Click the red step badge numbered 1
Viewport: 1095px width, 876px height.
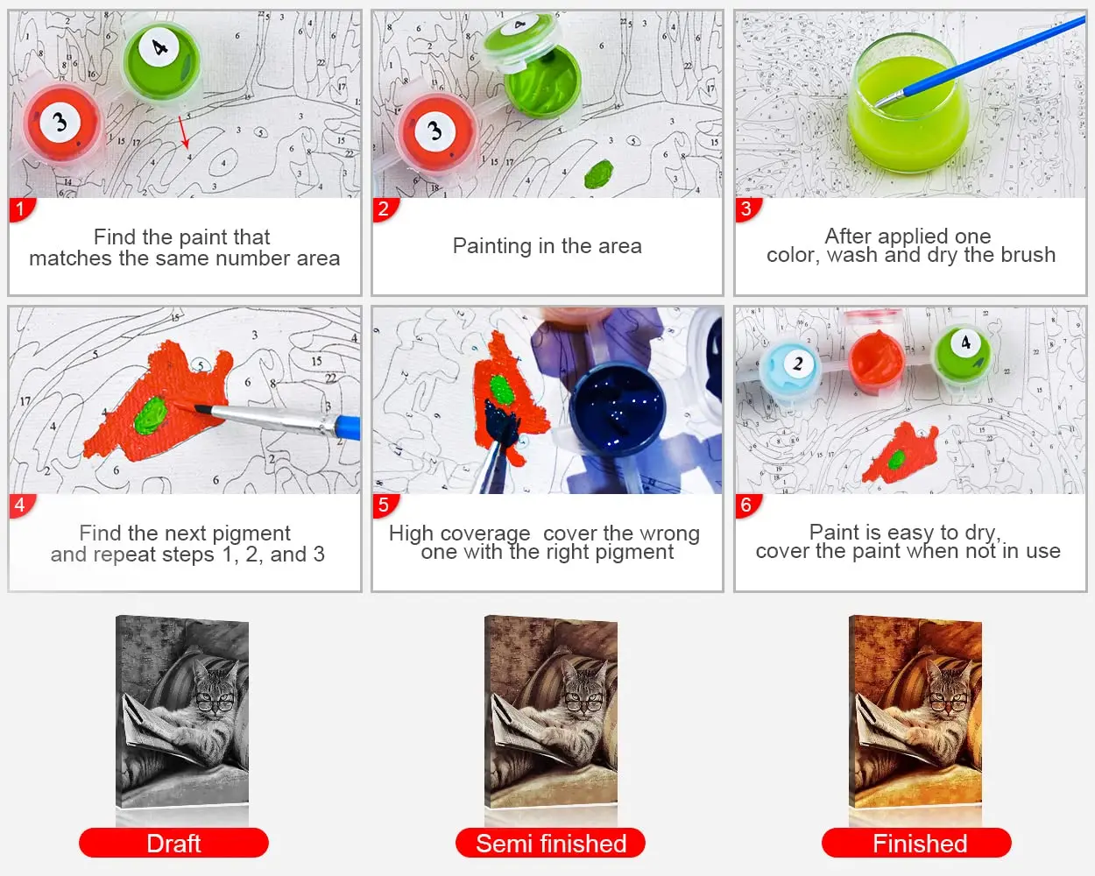20,209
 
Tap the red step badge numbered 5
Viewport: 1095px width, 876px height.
383,505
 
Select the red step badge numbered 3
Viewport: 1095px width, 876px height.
745,209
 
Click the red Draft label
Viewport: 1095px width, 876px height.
173,843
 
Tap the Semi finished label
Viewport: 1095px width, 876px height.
550,843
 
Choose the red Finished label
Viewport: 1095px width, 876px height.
916,843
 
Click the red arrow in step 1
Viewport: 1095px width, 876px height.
184,131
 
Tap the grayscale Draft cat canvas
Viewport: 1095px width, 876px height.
182,711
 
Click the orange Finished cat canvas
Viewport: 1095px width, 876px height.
915,711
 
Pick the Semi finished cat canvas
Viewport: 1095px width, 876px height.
551,711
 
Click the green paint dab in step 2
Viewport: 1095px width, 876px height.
599,173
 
